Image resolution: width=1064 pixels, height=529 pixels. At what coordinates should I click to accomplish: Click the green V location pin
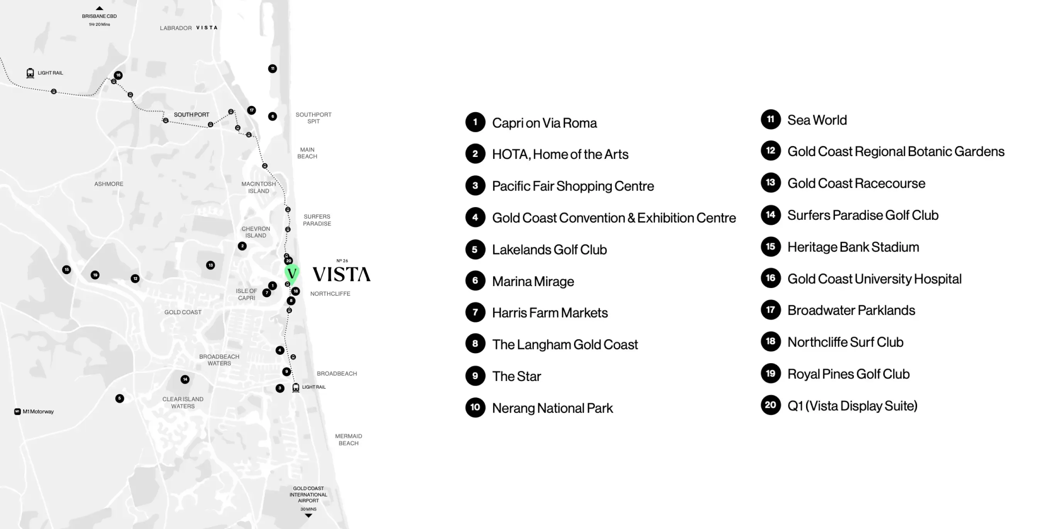[291, 273]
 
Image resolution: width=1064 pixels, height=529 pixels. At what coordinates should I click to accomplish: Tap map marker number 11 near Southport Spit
[273, 69]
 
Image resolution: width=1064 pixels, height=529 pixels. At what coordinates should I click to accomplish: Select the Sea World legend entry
[817, 120]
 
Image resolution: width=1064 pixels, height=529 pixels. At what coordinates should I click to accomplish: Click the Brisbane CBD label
[99, 17]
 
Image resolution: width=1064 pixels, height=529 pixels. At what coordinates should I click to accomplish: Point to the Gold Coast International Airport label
[308, 494]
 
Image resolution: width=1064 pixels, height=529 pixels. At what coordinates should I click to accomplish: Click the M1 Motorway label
[38, 412]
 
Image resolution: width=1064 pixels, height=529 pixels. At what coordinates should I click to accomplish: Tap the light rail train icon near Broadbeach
[296, 387]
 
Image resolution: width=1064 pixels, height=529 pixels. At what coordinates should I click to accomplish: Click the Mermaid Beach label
[348, 440]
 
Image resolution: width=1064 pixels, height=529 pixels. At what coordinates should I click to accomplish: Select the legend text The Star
[516, 376]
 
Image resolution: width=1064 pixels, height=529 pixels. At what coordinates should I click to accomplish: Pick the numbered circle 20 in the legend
[770, 405]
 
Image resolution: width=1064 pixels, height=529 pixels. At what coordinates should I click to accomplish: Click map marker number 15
[66, 270]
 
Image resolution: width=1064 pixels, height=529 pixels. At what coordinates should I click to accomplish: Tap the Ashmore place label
[109, 184]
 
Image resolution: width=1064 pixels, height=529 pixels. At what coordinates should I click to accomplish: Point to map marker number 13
[210, 265]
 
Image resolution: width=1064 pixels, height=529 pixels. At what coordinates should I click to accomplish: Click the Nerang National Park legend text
[552, 408]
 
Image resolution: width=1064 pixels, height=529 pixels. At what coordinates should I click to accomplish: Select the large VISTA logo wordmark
[341, 275]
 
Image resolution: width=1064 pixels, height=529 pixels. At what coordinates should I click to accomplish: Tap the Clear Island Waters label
[183, 403]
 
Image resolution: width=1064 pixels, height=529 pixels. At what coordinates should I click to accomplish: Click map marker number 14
[185, 379]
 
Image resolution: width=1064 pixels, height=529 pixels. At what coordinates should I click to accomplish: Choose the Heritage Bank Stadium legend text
[853, 247]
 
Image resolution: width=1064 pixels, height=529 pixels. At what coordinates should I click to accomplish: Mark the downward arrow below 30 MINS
[308, 516]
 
